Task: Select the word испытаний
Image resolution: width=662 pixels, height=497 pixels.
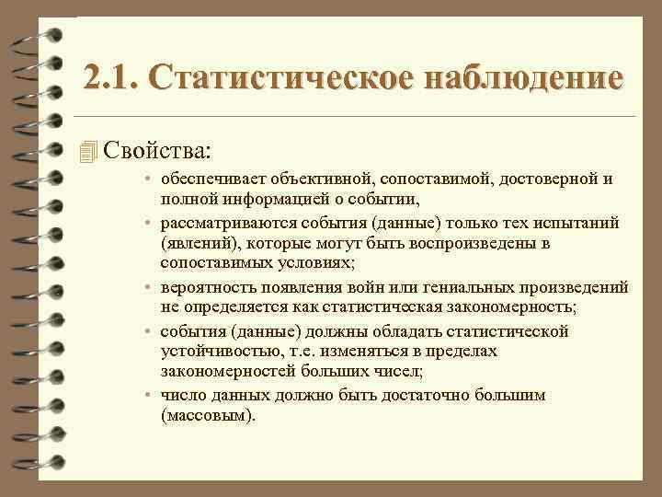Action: (576, 223)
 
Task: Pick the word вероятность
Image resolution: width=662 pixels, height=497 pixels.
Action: (203, 287)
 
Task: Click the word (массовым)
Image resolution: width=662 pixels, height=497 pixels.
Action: (203, 416)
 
